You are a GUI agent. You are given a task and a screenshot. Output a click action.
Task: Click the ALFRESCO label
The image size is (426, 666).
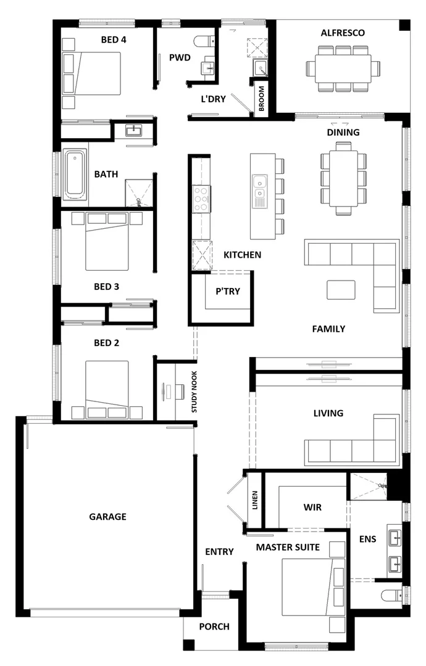[x=343, y=33]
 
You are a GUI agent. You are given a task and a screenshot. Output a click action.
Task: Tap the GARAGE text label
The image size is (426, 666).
[x=107, y=516]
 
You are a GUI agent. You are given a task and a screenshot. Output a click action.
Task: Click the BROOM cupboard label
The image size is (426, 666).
[x=262, y=97]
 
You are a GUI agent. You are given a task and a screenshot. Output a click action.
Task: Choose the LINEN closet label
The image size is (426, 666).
[x=254, y=500]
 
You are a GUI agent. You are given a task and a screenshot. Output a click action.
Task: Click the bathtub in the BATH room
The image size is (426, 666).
[x=75, y=175]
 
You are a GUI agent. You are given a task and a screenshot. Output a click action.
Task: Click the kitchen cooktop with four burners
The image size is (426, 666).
[x=202, y=199]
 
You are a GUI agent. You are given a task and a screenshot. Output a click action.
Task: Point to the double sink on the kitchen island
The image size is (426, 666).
[x=261, y=189]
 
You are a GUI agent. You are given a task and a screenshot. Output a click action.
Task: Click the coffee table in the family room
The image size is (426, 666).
[x=341, y=289]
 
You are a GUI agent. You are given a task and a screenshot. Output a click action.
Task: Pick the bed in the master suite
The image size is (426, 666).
[x=309, y=586]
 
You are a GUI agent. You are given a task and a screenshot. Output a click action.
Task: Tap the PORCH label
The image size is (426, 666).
[x=214, y=627]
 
